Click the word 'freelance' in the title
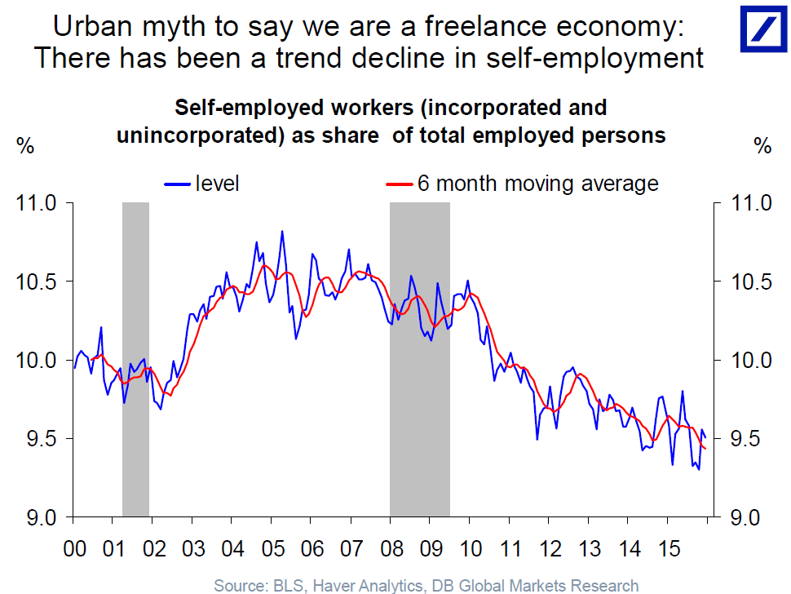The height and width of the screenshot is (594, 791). pos(476,27)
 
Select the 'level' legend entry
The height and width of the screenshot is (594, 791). pos(216,183)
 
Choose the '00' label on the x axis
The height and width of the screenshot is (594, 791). pos(74,547)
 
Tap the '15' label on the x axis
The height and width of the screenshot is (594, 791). pos(668,547)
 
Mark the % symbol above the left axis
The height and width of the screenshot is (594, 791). pos(26,147)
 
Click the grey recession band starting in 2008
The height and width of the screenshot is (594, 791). pos(419,359)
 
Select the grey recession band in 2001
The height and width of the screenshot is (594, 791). pos(135,359)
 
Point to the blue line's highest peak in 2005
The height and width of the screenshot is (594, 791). pos(282,232)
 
